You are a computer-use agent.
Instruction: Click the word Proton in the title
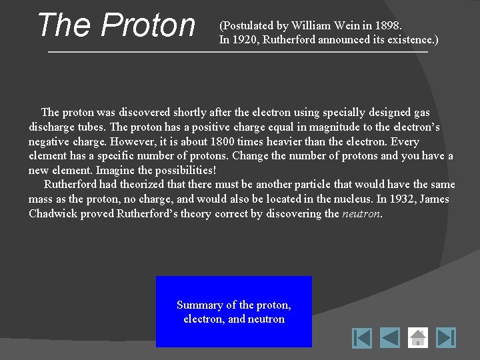tap(148, 25)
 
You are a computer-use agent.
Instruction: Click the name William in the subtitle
tap(307, 26)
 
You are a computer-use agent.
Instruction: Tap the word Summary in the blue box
tap(199, 305)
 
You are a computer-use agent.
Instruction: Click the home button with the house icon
tap(418, 337)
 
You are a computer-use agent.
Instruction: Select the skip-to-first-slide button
tap(362, 337)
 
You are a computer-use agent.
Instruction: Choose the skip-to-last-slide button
tap(446, 337)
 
